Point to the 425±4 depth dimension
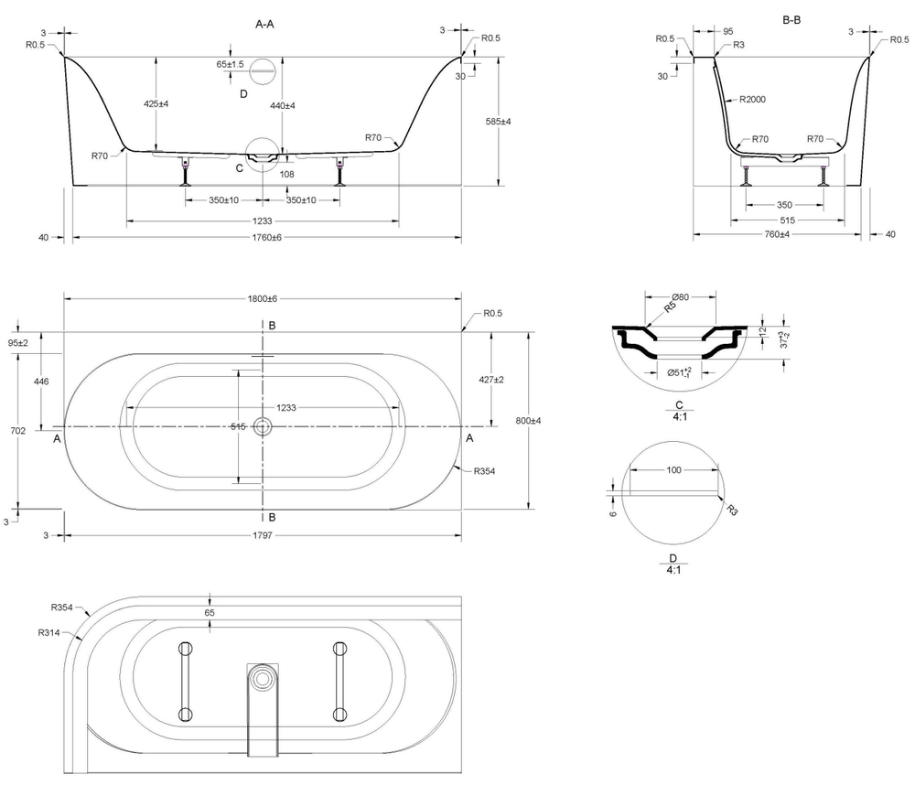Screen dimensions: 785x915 coord(156,104)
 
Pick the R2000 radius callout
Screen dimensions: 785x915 coord(749,99)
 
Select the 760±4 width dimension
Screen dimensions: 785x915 coord(777,235)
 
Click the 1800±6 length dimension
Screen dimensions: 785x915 coord(262,299)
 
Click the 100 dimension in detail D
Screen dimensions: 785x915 coord(673,469)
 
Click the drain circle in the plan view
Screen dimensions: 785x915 coord(264,425)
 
